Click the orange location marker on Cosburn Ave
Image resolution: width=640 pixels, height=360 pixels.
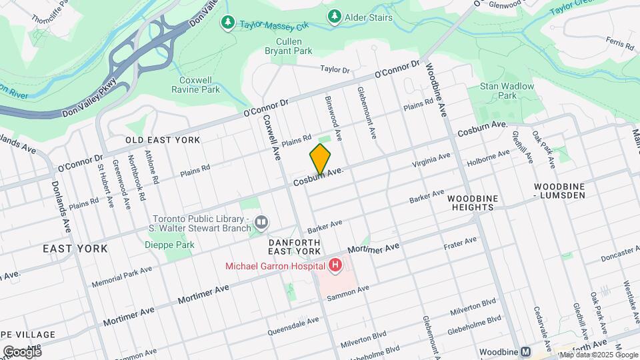[320, 159]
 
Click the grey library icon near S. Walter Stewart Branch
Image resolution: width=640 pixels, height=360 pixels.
[261, 221]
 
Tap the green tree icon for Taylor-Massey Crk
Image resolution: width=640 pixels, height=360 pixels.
[228, 23]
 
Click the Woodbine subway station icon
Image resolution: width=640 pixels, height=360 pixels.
[526, 351]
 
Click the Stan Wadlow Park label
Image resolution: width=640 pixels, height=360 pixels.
[507, 91]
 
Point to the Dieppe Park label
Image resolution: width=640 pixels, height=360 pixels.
[169, 245]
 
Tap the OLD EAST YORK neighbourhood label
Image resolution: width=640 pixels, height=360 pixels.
[163, 140]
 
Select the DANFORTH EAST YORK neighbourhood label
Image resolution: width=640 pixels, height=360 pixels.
[295, 246]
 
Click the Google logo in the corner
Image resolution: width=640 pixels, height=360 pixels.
[22, 351]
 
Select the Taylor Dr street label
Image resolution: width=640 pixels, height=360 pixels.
[335, 69]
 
